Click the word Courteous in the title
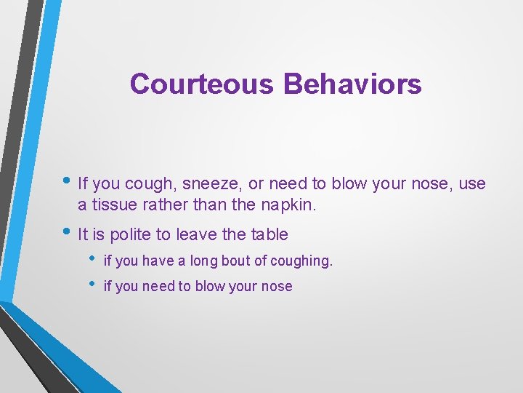tap(202, 84)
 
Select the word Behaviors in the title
tap(352, 84)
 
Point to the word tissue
tap(113, 205)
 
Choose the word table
tap(269, 234)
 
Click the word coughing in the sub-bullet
tap(300, 261)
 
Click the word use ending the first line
tap(472, 185)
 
